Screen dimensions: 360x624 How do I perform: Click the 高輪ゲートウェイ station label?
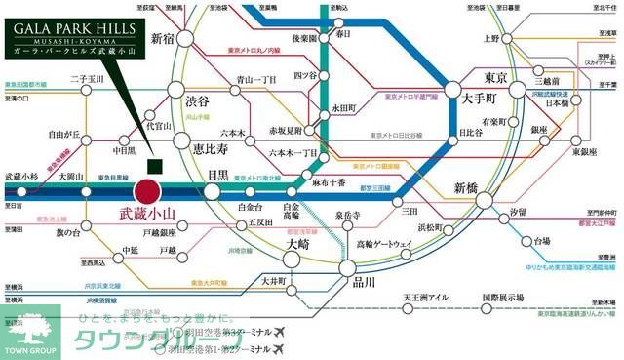pos(387,242)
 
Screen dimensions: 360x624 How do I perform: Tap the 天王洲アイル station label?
pos(425,297)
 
